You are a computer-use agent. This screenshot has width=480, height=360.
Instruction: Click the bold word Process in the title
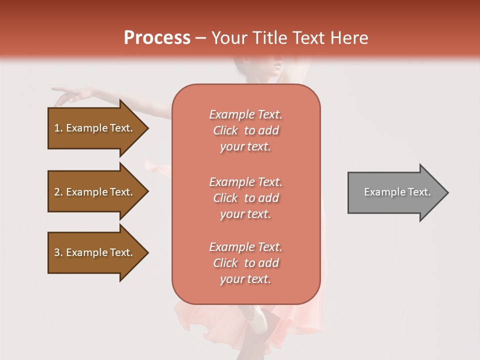[x=157, y=38]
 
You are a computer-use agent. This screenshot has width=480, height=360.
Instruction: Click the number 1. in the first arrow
[x=58, y=128]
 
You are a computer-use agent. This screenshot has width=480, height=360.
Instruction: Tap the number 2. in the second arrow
[x=58, y=192]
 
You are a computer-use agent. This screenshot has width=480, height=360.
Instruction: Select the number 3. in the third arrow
[x=58, y=252]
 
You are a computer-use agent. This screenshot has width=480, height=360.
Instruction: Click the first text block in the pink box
[x=245, y=130]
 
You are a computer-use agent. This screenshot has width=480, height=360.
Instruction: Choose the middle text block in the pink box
[x=245, y=198]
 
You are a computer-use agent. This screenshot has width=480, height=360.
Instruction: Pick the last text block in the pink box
[x=245, y=263]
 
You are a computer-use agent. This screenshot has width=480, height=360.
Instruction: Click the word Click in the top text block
[x=225, y=130]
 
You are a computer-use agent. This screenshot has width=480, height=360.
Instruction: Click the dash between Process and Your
[x=200, y=38]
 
